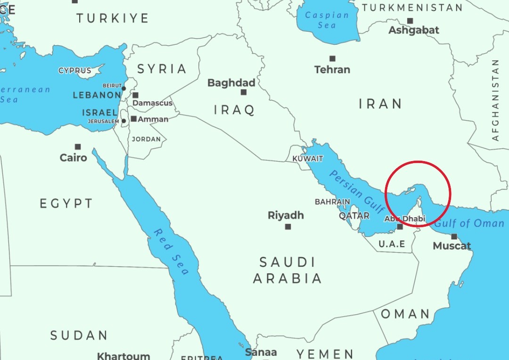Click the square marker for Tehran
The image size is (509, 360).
[332, 59]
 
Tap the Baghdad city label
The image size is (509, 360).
[231, 83]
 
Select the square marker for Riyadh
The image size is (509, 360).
[288, 227]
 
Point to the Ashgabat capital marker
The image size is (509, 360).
[410, 21]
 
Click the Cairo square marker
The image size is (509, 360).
[78, 147]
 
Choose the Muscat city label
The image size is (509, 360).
[452, 246]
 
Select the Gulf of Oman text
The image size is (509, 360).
[469, 223]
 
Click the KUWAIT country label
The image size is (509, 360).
[308, 159]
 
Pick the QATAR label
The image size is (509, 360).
[354, 215]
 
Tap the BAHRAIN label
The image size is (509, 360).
[332, 202]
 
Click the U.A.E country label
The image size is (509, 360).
[392, 244]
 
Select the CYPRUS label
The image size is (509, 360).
[75, 71]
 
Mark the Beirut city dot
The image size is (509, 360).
[124, 88]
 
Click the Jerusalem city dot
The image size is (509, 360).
[123, 121]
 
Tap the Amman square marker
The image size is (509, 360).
[134, 119]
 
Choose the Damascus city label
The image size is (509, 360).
[152, 103]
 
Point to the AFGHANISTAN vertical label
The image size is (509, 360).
[495, 100]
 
